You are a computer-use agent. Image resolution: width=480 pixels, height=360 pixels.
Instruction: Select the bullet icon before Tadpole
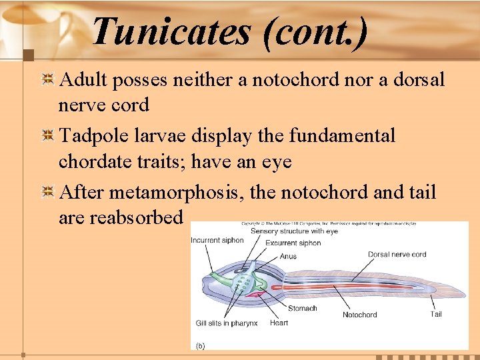coord(48,137)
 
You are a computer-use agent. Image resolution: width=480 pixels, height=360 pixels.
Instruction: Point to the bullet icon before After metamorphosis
coord(48,193)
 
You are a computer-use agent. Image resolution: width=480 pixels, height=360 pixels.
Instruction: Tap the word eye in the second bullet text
coord(276,162)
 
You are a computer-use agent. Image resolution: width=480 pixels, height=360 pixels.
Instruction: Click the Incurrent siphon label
coord(217,241)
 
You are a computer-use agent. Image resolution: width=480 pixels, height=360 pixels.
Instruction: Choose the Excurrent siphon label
coord(293,243)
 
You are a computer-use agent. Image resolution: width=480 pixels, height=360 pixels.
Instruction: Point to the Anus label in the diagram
coord(288,256)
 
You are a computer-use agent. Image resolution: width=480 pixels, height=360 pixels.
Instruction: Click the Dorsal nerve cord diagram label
coord(397,254)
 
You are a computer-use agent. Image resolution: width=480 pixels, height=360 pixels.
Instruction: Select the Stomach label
coord(302,308)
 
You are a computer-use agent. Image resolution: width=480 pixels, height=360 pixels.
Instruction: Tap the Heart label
coord(279,323)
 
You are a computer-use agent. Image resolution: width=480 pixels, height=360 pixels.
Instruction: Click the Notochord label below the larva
coord(359,315)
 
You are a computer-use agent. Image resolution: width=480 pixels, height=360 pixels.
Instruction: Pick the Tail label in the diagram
coord(436,314)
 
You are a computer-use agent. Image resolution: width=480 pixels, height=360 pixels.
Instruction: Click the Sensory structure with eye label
coord(294,231)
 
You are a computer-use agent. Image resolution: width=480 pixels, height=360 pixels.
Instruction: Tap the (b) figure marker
coord(200,345)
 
